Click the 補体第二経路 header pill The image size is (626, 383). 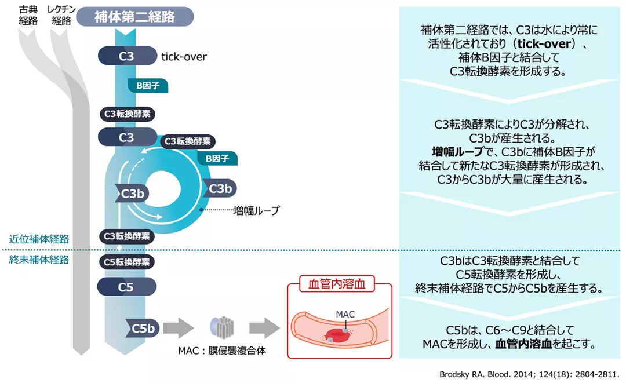(134, 16)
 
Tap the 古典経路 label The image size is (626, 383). (28, 15)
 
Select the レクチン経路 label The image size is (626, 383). (61, 15)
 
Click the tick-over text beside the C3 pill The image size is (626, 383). (184, 57)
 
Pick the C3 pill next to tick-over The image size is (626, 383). (126, 56)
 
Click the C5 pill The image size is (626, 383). (126, 286)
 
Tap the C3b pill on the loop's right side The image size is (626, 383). (220, 188)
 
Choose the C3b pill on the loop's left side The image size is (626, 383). (133, 194)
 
